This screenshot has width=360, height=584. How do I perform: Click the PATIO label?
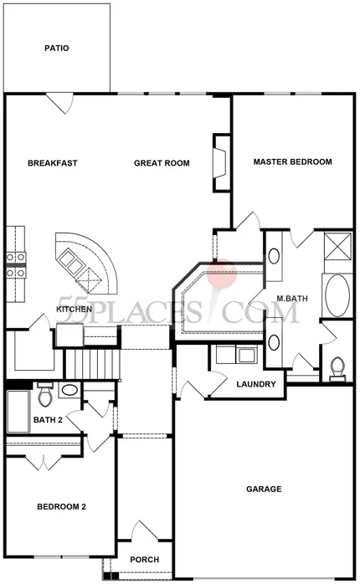point(57,48)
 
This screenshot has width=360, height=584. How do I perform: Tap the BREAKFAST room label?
point(53,163)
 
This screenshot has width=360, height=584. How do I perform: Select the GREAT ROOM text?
point(162,163)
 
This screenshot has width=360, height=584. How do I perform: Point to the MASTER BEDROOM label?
point(292,162)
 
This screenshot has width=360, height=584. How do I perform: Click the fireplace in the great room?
point(221,163)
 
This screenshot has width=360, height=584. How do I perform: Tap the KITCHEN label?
point(75,309)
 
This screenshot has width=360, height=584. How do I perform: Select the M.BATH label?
point(292,299)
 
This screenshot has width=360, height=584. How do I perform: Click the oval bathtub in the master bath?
point(337,296)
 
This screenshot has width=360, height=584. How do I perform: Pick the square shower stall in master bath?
point(337,246)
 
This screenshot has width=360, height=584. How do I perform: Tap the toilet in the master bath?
point(337,369)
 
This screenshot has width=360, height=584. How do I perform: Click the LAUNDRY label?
point(256,384)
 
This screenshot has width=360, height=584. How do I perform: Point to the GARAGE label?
point(264,489)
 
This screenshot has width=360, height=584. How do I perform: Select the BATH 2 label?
point(48,420)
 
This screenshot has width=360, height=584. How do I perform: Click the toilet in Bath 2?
point(45,395)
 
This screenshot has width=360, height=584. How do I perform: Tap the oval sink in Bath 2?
point(69,390)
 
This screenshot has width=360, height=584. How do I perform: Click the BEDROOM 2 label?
point(61,507)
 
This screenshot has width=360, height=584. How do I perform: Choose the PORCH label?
point(145,560)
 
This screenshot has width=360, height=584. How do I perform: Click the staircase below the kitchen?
point(93,363)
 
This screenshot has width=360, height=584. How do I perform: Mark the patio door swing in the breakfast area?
point(59,104)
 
